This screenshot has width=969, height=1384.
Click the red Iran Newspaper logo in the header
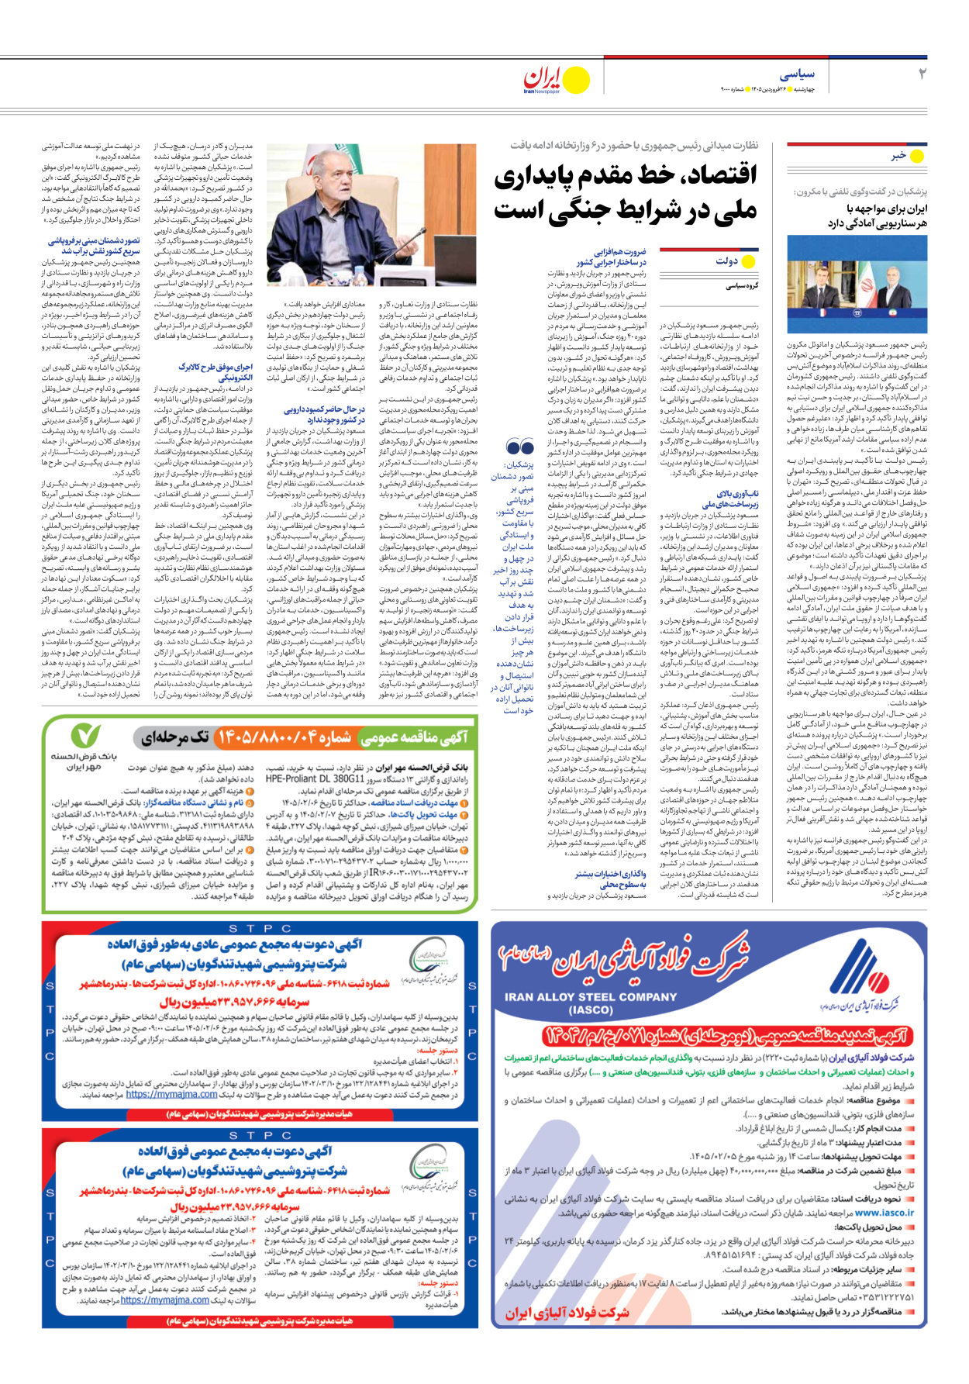pos(543,78)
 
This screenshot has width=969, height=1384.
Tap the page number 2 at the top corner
pos(922,74)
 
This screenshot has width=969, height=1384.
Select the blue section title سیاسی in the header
pos(797,74)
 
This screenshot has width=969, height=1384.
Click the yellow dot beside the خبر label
pos(917,156)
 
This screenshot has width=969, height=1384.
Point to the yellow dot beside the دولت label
pos(748,261)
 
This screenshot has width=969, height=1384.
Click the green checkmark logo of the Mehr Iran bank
pos(85,735)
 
